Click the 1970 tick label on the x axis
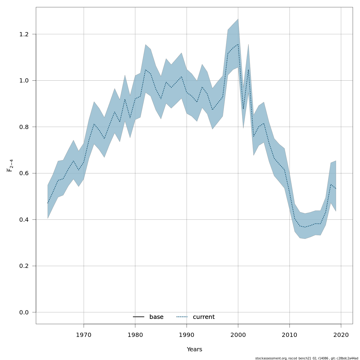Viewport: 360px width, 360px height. coord(84,335)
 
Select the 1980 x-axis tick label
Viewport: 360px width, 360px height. coord(135,335)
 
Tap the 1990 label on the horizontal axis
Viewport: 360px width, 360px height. coord(187,335)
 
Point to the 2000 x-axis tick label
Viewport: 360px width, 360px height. coord(238,335)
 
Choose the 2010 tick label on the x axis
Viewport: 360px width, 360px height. coord(289,335)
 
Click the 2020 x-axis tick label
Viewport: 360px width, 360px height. coord(341,335)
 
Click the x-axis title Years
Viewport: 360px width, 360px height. coord(194,349)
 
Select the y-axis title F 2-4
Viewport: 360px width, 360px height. coord(10,166)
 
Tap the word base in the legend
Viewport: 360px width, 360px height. coord(156,317)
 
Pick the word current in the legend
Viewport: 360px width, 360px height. coord(204,317)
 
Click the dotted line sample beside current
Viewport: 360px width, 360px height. coord(182,317)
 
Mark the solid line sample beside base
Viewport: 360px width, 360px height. coord(139,317)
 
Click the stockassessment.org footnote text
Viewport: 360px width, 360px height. coord(307,358)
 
